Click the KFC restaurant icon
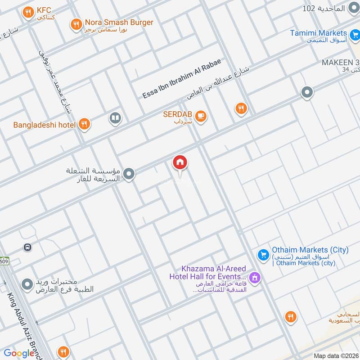click(x=29, y=13)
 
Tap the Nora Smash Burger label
click(x=119, y=22)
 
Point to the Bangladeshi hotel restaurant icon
click(x=84, y=124)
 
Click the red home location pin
click(x=180, y=163)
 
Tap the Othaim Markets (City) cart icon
click(x=263, y=255)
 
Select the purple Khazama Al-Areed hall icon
click(x=255, y=278)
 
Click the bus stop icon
click(x=28, y=247)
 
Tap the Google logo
click(x=19, y=353)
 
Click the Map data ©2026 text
click(x=335, y=356)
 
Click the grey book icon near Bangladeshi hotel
click(x=115, y=118)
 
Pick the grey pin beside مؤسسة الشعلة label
click(x=129, y=174)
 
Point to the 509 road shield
click(x=4, y=261)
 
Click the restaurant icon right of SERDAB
click(x=241, y=108)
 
